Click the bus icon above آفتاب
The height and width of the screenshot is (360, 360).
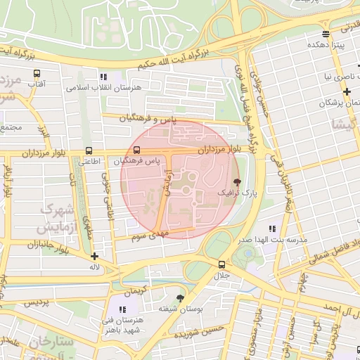[x=37, y=73]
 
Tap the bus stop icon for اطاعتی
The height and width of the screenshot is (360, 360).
[x=89, y=150]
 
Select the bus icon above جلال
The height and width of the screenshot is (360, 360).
[x=222, y=264]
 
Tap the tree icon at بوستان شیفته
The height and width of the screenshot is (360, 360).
[x=181, y=298]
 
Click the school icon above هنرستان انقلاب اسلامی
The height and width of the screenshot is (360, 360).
[x=104, y=77]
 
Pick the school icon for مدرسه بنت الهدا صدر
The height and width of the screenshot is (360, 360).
[x=272, y=229]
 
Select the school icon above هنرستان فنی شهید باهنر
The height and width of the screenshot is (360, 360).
[x=123, y=309]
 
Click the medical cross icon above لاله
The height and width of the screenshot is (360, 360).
[x=95, y=256]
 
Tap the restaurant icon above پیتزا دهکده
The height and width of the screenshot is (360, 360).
[x=325, y=33]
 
